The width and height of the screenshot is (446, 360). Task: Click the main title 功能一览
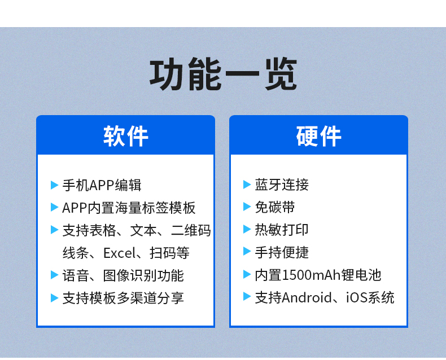[x=224, y=74]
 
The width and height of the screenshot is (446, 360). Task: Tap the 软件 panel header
[x=125, y=136]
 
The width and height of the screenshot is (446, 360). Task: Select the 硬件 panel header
[x=318, y=136]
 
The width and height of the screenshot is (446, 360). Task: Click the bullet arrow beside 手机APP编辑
[x=54, y=185]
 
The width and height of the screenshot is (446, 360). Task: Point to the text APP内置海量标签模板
[x=129, y=208]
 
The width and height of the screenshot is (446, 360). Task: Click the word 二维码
[x=191, y=230]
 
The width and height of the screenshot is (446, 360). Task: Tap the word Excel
[x=120, y=253]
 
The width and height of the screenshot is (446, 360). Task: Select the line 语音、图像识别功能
[x=123, y=275]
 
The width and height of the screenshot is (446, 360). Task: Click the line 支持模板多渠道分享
[x=123, y=298]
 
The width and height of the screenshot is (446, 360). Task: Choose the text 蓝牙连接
[x=282, y=185]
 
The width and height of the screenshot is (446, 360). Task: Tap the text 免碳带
[x=275, y=207]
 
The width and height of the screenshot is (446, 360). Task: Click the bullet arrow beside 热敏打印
[x=247, y=229]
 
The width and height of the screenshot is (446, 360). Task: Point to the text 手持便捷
[x=282, y=252]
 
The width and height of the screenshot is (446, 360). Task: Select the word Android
[x=307, y=298]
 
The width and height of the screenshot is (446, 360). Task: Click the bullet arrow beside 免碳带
[x=247, y=207]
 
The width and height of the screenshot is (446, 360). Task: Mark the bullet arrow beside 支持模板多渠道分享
[x=54, y=298]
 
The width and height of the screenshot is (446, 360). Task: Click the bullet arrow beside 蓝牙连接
[x=247, y=185]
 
